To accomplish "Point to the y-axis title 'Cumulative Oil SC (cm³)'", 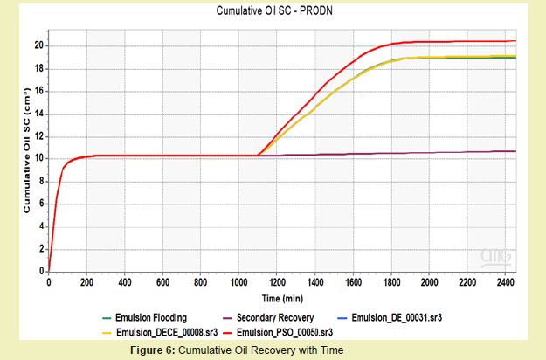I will (27, 150).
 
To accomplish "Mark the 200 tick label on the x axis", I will (86, 283).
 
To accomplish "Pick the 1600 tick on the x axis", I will (353, 283).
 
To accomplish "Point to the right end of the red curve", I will (515, 41).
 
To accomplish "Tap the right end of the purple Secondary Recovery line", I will (515, 151).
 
